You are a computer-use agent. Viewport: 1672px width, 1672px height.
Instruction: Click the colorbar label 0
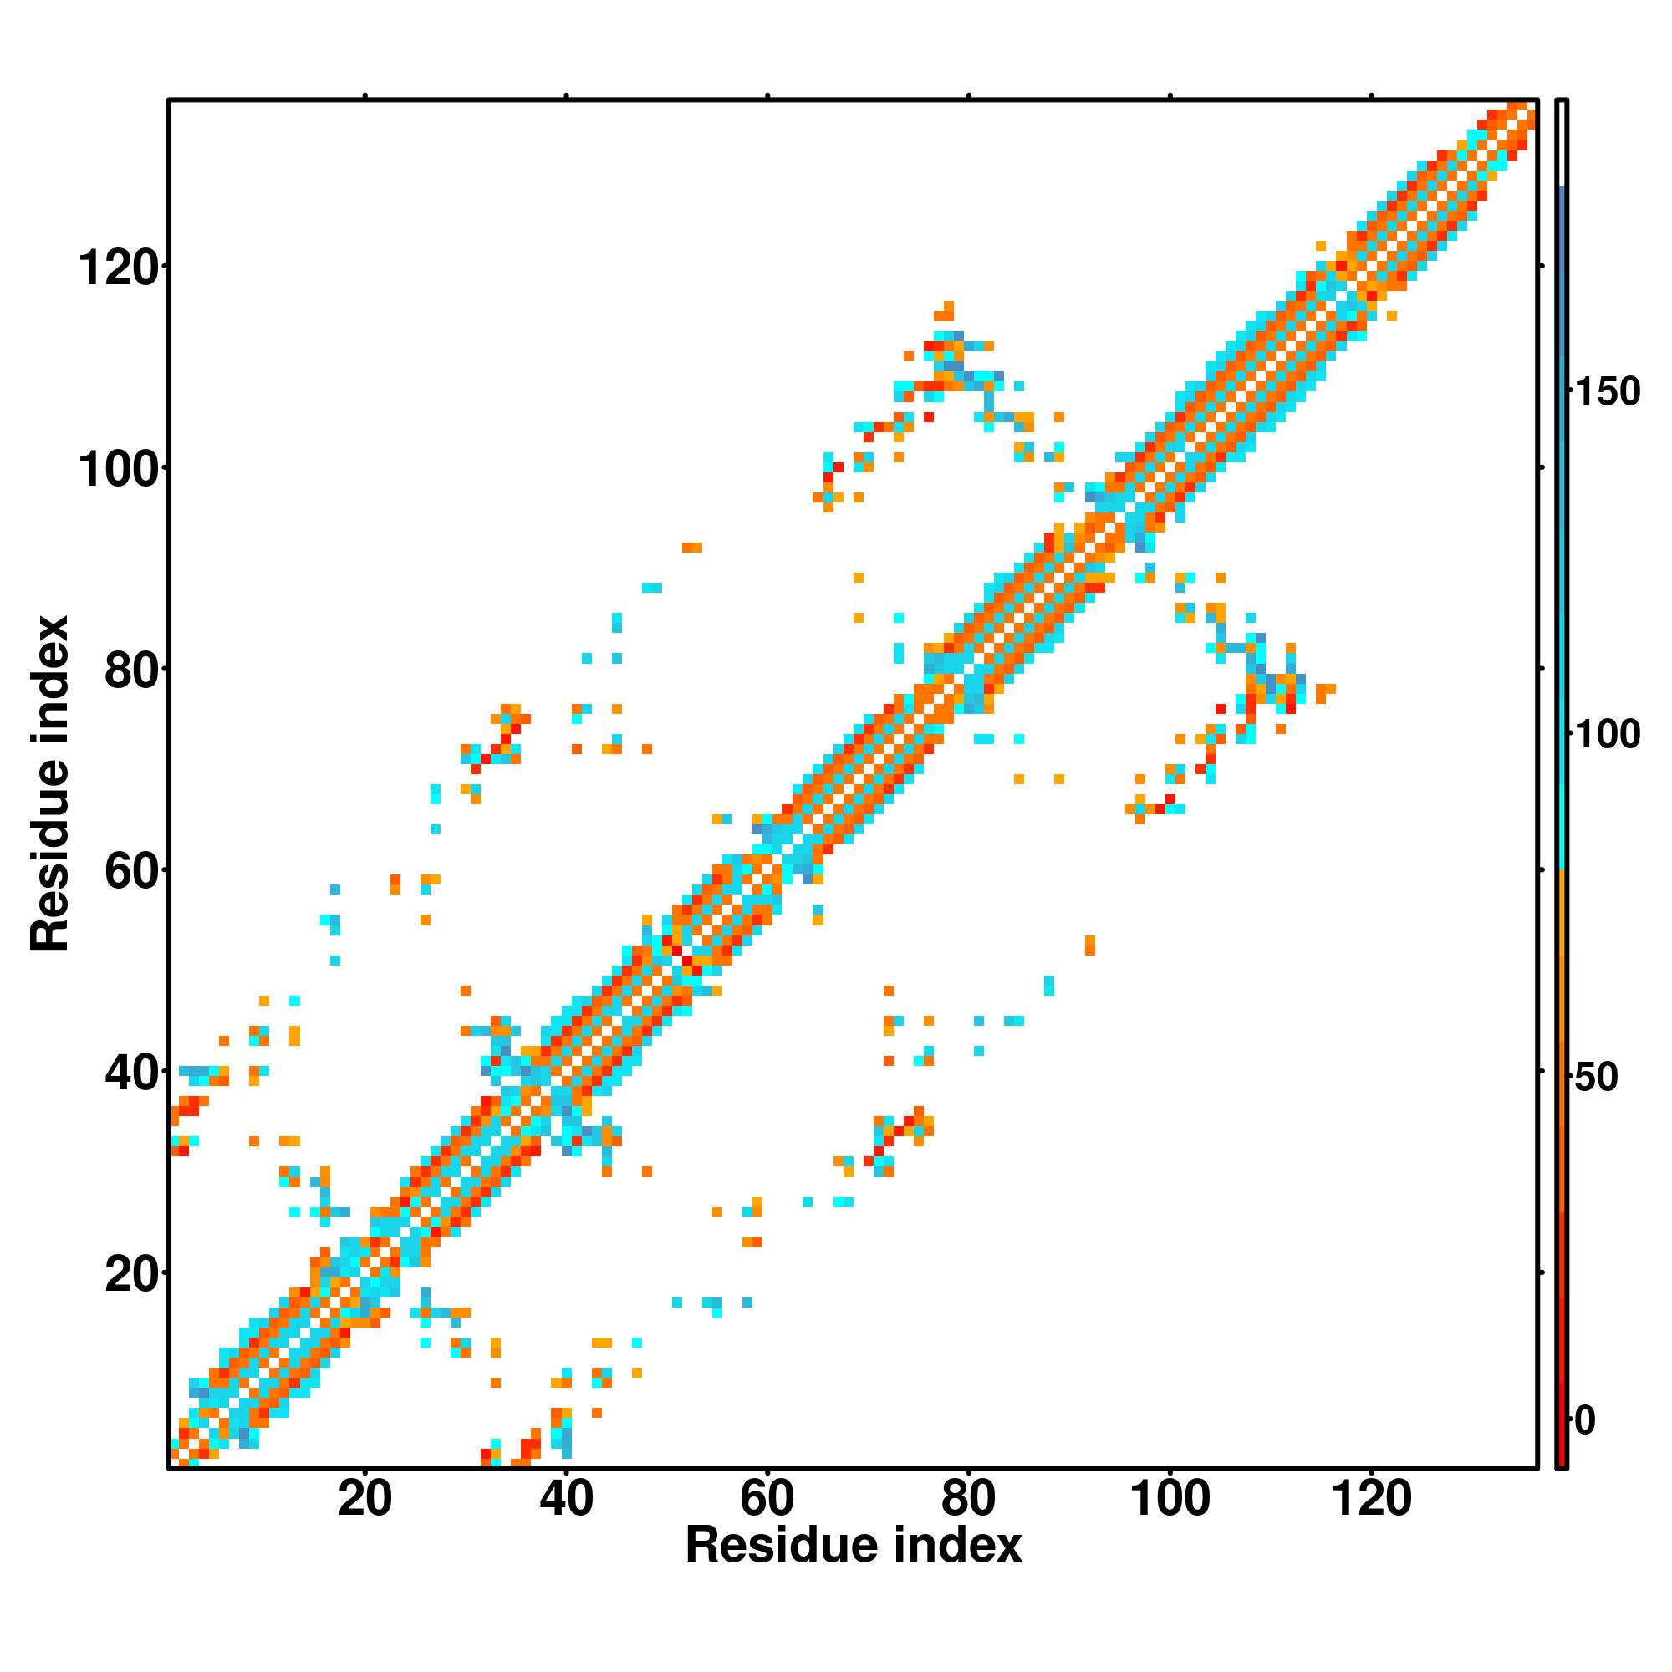[x=1584, y=1420]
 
